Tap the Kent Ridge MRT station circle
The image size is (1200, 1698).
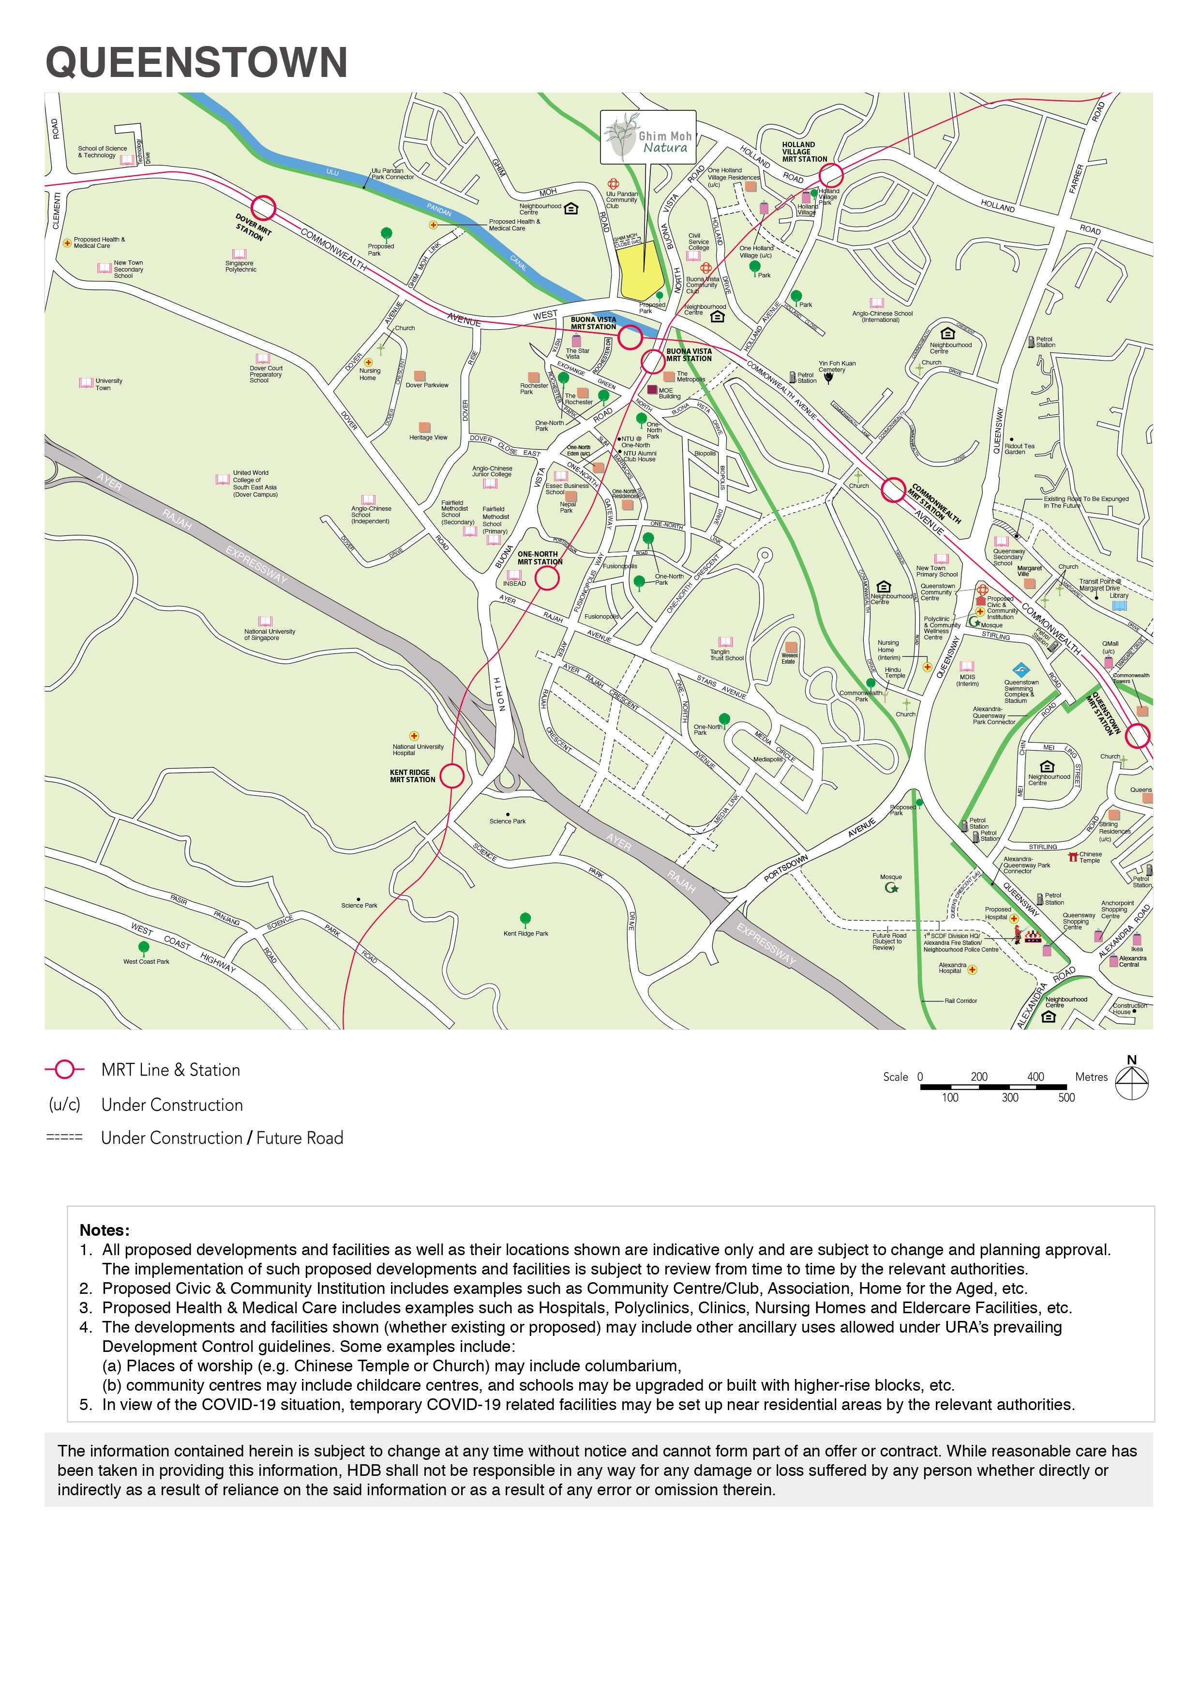click(x=452, y=776)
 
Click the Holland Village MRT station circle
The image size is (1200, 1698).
click(x=830, y=175)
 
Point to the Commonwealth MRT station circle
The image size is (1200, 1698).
click(x=894, y=489)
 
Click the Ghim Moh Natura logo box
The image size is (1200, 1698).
click(x=648, y=137)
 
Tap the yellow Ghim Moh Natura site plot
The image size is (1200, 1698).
click(x=640, y=271)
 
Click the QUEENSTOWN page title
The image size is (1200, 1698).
click(x=196, y=62)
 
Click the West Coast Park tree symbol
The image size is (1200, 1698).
click(x=144, y=947)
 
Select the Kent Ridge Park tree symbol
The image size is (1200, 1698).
click(x=525, y=919)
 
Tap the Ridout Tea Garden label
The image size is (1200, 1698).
click(x=1019, y=449)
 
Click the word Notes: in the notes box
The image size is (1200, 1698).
click(x=104, y=1230)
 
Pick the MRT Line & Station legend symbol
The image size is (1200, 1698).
click(x=65, y=1069)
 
